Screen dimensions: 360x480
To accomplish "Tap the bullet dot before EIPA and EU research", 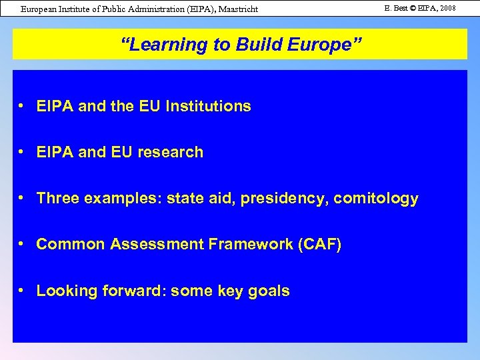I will click(23, 151).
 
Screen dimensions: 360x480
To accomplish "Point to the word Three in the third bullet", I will click(57, 198).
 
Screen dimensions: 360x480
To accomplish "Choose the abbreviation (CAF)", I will click(320, 245).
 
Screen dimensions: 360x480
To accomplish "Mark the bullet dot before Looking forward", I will click(23, 290).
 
